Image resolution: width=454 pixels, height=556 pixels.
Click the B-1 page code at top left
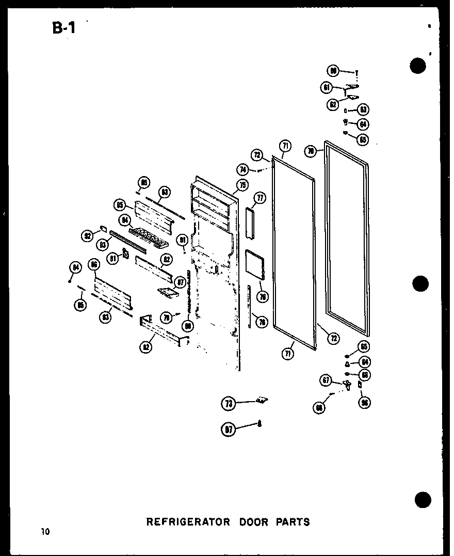click(x=63, y=27)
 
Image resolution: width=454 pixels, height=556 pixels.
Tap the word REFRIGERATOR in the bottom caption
click(x=188, y=522)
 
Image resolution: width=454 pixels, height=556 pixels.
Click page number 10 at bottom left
click(x=46, y=532)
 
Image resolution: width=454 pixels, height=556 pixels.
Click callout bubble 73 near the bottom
click(x=228, y=404)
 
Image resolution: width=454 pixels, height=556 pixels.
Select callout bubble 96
click(x=365, y=403)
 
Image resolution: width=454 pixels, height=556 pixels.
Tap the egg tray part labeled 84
click(x=150, y=239)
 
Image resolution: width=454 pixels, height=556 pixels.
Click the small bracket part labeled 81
click(x=124, y=255)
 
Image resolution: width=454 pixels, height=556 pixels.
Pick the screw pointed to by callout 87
click(x=260, y=424)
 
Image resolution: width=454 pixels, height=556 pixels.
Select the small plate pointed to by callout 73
click(x=262, y=400)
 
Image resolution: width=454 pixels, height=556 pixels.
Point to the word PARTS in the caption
click(x=292, y=522)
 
